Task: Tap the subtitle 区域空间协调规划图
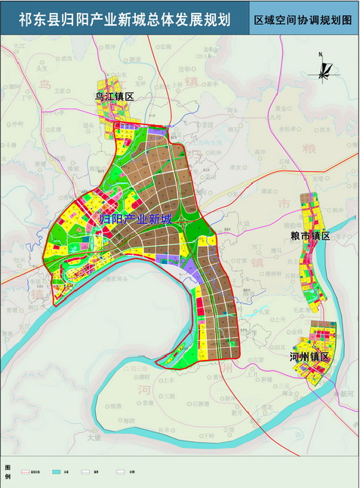coord(303,20)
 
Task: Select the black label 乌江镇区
coord(114,97)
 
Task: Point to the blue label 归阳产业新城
coord(136,219)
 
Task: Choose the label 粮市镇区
coord(310,236)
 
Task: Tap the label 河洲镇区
coord(309,357)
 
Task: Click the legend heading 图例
coord(7,472)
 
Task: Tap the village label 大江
coord(20,47)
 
